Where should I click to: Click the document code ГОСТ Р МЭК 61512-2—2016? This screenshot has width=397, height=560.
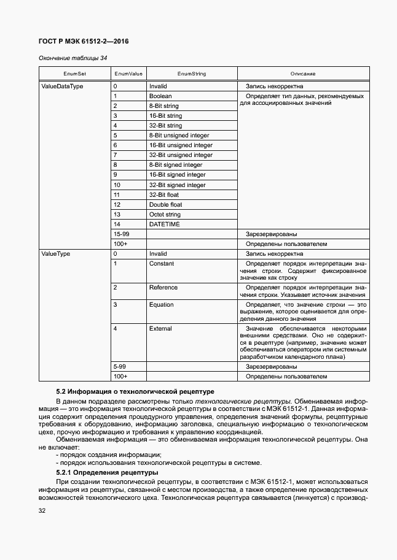point(84,42)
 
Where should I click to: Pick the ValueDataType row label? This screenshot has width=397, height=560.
point(62,86)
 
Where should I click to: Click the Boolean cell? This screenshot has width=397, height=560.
point(160,96)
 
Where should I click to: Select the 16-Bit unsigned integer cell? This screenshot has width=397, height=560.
point(181,145)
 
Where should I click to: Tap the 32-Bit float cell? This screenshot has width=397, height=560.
point(164,194)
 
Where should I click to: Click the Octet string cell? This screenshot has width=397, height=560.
point(165,215)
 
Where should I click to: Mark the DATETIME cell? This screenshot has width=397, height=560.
point(164,224)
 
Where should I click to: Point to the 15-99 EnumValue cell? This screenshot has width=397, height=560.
point(121,234)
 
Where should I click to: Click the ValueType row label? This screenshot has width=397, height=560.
point(55,253)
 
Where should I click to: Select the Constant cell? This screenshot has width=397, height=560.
point(162,264)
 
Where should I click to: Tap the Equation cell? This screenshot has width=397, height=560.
point(162,305)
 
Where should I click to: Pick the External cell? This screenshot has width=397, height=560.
point(160,329)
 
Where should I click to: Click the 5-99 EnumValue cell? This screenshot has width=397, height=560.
point(119,366)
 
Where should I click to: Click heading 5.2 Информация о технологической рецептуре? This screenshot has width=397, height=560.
point(135,391)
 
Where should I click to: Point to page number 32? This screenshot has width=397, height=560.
point(42,510)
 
